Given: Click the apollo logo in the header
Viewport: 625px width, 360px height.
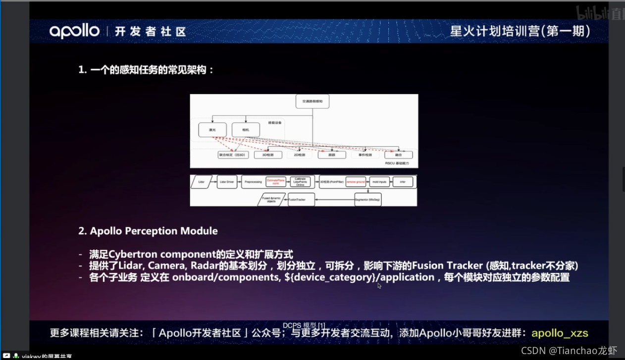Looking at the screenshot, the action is [74, 31].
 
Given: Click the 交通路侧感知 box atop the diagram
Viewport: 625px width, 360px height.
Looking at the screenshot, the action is [312, 101].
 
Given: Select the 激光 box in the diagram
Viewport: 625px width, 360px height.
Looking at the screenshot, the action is [212, 129].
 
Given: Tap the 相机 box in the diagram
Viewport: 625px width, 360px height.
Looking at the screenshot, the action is [246, 129].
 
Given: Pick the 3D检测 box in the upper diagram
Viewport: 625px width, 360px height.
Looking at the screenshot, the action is [268, 155].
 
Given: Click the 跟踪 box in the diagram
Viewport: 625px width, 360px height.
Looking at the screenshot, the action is [331, 155].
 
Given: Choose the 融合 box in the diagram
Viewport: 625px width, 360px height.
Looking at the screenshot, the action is [399, 155].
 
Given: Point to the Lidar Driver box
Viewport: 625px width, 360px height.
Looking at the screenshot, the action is [227, 182].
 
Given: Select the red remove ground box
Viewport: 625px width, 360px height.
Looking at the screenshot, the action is [356, 182].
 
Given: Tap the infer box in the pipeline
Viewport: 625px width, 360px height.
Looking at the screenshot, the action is [403, 182].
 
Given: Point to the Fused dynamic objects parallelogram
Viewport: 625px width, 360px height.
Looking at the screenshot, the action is [272, 200].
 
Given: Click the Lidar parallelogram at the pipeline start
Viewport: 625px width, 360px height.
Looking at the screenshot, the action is [202, 182].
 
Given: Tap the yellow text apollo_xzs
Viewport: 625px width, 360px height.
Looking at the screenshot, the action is [560, 333].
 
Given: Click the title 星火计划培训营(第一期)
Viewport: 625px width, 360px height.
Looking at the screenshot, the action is [520, 31].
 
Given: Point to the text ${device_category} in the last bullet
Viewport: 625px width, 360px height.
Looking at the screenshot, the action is [330, 277].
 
